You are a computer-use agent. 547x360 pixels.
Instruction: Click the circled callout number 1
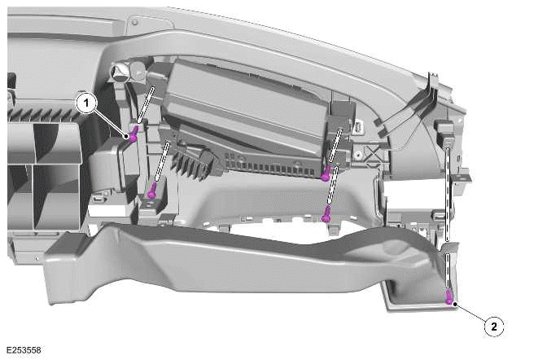(86, 103)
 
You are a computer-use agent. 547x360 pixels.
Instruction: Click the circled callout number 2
(493, 327)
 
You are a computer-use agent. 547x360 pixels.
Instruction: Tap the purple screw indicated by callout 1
(133, 134)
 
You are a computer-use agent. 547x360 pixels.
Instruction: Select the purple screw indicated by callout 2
(449, 297)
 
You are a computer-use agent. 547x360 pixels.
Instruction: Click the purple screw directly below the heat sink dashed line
(151, 191)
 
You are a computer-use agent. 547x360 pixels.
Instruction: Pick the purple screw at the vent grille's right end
(326, 173)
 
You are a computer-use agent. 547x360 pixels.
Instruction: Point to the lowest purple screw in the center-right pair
(326, 214)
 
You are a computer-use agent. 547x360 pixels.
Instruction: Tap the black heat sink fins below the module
(192, 163)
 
